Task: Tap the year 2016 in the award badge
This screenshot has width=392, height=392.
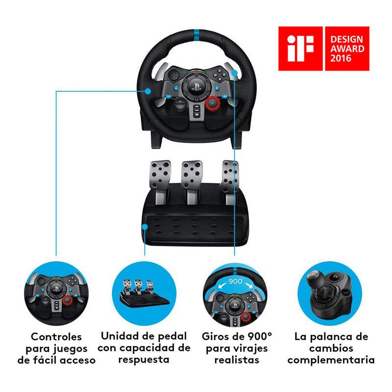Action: pos(341,58)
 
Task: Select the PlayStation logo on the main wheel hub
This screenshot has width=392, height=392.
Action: pos(196,91)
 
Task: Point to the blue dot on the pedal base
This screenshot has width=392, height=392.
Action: pos(145,226)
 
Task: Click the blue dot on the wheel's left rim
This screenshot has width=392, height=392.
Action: pos(147,91)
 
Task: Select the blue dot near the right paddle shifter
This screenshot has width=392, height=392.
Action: pos(235,73)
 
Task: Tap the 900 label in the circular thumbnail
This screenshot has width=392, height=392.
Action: pos(236,281)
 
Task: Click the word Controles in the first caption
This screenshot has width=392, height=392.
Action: pos(56,337)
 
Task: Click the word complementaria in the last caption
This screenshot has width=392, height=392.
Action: pos(331,360)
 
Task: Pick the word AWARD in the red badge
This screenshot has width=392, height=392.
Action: pos(347,48)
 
